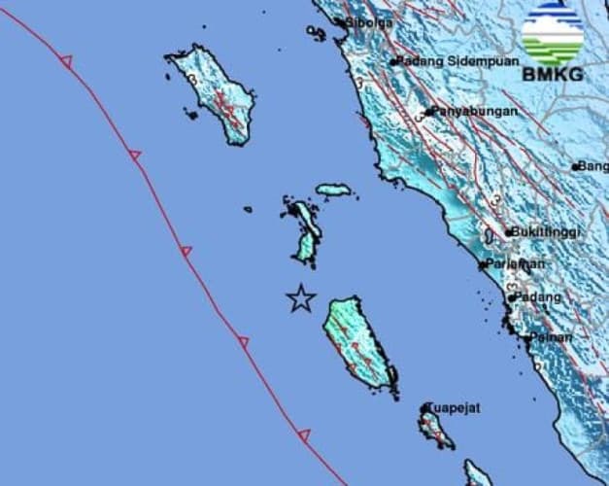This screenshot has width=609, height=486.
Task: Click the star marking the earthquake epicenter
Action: pos(301,298)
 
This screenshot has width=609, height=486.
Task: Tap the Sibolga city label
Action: pos(368,21)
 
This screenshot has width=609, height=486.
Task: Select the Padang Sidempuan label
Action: pos(451,60)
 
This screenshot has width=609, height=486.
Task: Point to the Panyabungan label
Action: pos(475,111)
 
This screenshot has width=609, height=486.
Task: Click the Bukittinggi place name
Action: pos(546,232)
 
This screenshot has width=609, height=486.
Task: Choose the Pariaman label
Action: pos(516,263)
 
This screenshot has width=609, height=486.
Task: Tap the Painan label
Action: pos(551,336)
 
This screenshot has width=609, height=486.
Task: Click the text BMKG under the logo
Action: pos(552,74)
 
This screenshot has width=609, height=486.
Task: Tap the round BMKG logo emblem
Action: pos(552,34)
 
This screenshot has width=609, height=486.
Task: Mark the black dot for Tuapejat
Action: pos(425,408)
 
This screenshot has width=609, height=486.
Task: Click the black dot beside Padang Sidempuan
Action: pos(394,62)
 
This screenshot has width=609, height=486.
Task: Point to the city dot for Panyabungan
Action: pos(428,112)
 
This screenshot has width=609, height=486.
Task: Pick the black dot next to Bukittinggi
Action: pos(508,233)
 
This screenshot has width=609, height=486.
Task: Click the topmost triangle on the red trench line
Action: pos(66,61)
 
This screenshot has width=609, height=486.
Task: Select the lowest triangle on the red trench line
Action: pos(304,435)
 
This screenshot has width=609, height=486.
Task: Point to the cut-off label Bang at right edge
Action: pos(592,166)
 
